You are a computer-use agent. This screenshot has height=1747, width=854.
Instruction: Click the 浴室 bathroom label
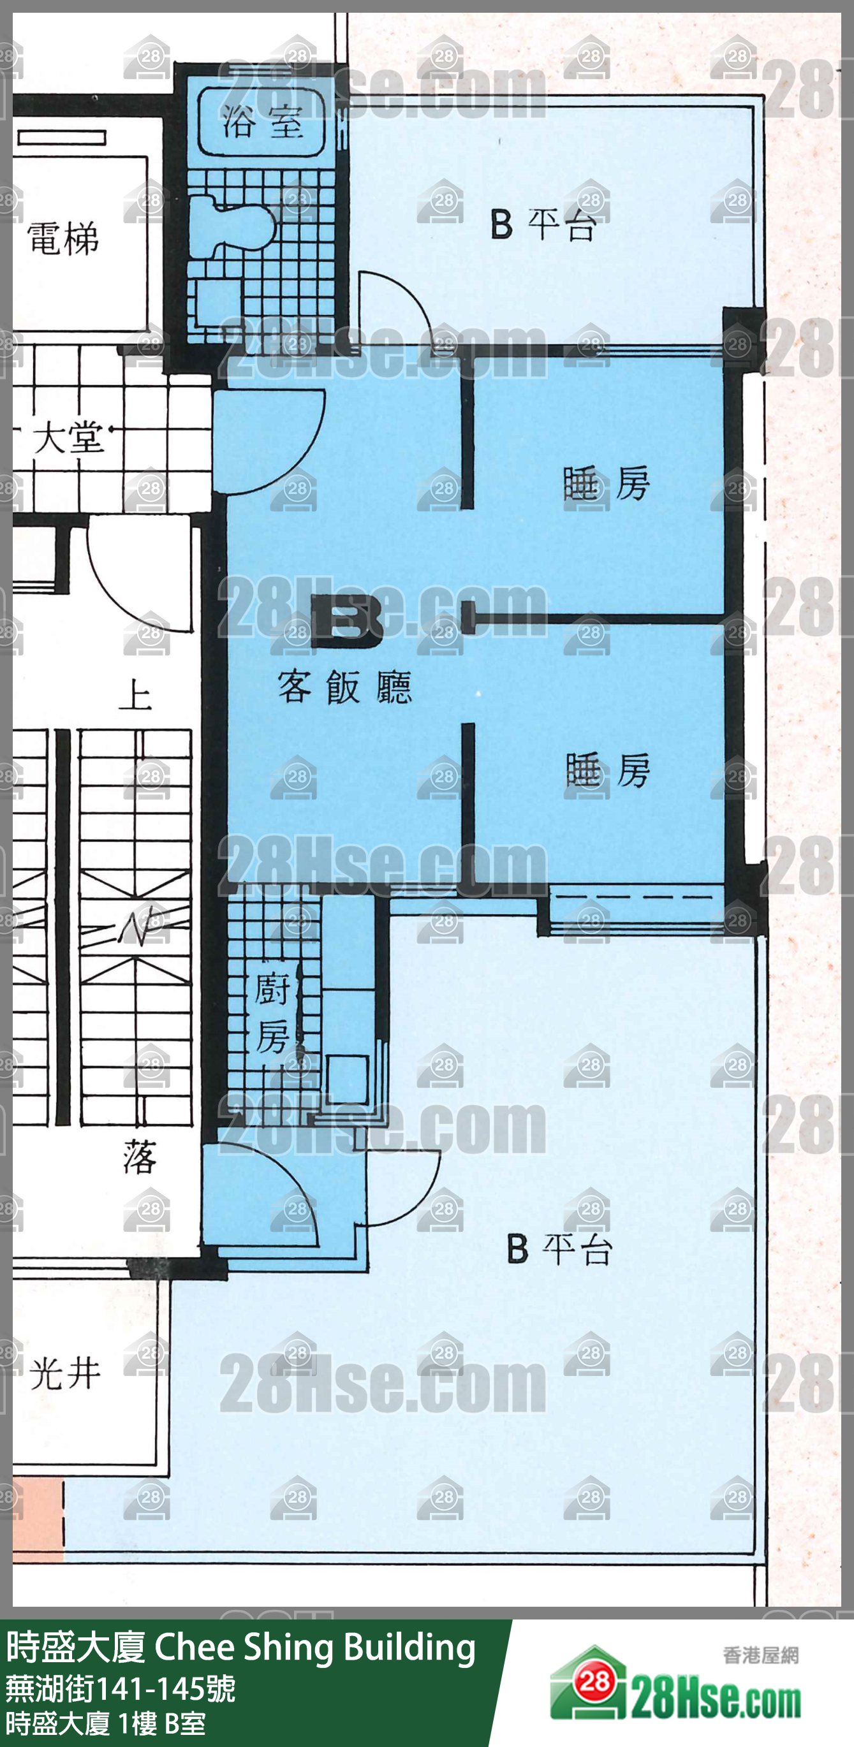point(263,123)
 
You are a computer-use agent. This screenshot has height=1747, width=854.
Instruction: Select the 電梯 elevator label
point(63,238)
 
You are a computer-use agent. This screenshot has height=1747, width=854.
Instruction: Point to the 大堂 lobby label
point(68,437)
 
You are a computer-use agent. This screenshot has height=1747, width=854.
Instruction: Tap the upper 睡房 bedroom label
point(607,483)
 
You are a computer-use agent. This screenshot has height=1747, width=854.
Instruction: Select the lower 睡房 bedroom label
point(607,771)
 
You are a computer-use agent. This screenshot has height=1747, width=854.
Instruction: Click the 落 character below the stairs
point(140,1157)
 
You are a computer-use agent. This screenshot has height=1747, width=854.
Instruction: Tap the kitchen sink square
point(348,1078)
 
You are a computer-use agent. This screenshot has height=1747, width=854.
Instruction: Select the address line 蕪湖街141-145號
point(121,1689)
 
